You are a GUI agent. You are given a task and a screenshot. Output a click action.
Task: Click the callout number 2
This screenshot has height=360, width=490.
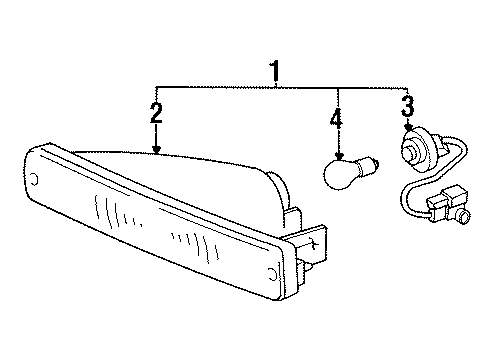coord(156,112)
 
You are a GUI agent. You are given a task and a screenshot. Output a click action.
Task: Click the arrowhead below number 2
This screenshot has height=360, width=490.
coord(156,149)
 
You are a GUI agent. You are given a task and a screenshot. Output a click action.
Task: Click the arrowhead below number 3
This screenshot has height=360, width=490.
coord(407,131)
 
